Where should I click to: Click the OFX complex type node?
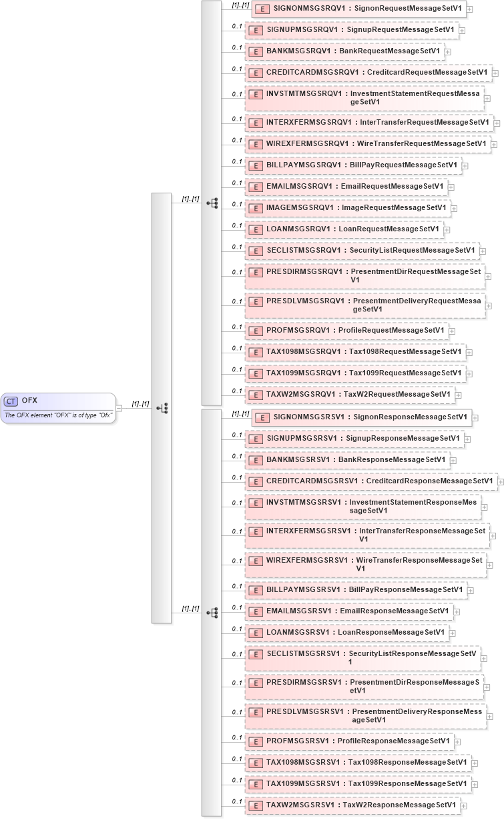[58, 407]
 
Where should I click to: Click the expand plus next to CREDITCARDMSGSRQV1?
[497, 73]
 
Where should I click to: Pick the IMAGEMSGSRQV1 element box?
[347, 208]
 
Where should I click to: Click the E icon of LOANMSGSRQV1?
[255, 230]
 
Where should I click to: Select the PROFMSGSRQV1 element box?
[346, 331]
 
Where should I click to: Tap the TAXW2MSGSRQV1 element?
[350, 395]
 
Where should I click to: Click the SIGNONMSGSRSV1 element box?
[361, 417]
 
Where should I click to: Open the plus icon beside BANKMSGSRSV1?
[454, 461]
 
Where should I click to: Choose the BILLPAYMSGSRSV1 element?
[355, 590]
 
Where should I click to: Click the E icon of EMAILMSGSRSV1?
[255, 611]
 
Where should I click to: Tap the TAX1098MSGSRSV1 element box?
[358, 762]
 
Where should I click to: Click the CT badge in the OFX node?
[11, 401]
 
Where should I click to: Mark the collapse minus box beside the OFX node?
[119, 407]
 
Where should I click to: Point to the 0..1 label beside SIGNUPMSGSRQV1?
[236, 26]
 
